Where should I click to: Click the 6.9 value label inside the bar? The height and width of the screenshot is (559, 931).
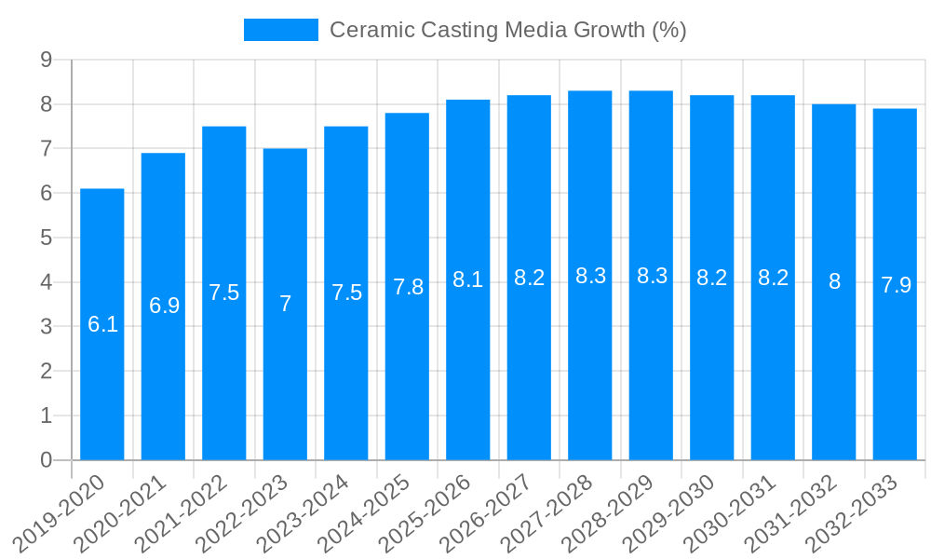pyautogui.click(x=164, y=306)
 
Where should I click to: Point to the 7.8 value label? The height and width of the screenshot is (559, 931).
pyautogui.click(x=408, y=287)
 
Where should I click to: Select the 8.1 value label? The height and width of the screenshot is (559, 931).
pyautogui.click(x=468, y=279)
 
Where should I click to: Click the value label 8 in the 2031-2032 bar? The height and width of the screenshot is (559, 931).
pyautogui.click(x=834, y=281)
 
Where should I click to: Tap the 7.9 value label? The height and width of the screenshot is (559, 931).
pyautogui.click(x=895, y=285)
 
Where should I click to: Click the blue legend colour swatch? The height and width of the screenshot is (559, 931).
pyautogui.click(x=280, y=30)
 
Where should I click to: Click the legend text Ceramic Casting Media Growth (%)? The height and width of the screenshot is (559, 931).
pyautogui.click(x=507, y=30)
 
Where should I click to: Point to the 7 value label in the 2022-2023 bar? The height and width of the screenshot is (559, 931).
pyautogui.click(x=285, y=304)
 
